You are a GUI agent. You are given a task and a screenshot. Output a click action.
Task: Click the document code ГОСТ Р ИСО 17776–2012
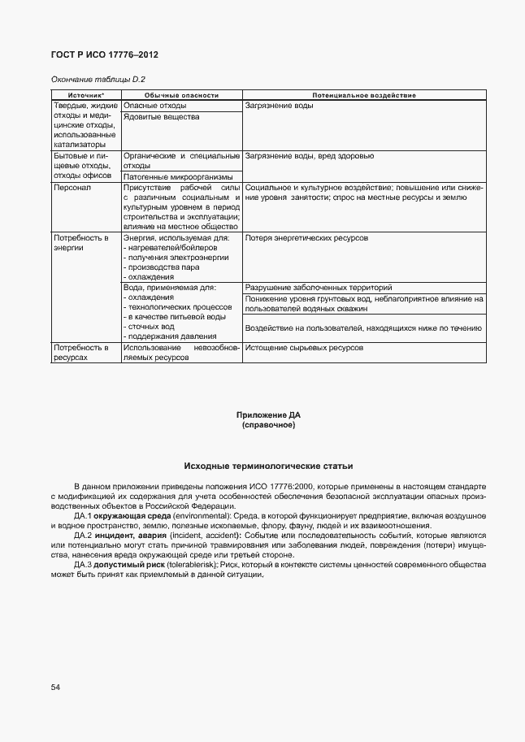pyautogui.click(x=105, y=54)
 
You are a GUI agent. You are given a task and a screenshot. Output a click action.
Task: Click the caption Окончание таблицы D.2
pyautogui.click(x=98, y=79)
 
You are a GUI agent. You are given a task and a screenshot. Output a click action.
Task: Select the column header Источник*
pyautogui.click(x=85, y=95)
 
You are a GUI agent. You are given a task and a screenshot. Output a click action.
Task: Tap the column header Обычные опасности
pyautogui.click(x=181, y=95)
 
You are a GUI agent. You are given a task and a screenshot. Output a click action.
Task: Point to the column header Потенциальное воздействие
pyautogui.click(x=363, y=95)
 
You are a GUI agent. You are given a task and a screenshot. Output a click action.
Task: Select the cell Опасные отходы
pyautogui.click(x=155, y=106)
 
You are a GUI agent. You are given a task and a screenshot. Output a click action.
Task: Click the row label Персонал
pyautogui.click(x=72, y=187)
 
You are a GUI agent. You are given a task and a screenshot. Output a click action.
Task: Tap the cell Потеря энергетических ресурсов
pyautogui.click(x=306, y=238)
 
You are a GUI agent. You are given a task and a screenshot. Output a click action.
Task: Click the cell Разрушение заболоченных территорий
pyautogui.click(x=319, y=288)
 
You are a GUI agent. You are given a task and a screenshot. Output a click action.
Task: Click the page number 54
pyautogui.click(x=55, y=688)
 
